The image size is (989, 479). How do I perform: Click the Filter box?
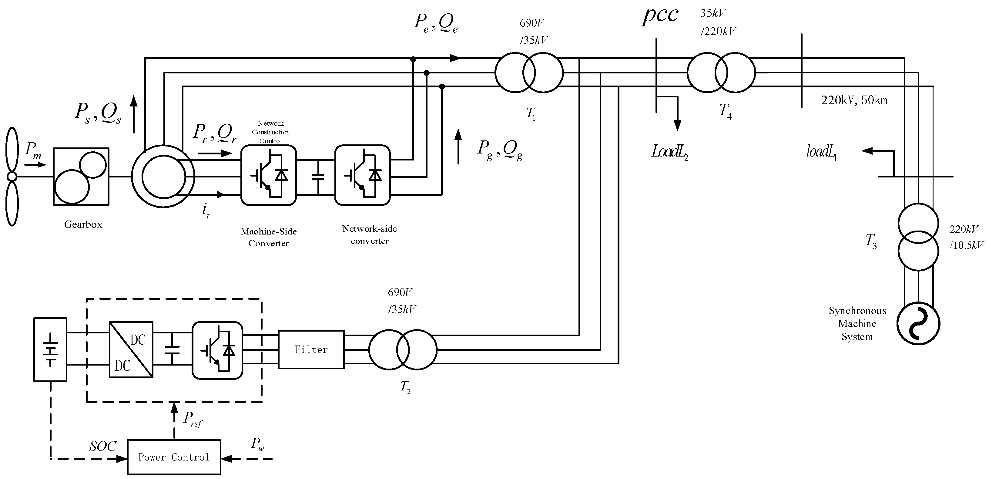point(311,349)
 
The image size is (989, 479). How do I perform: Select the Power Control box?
point(174,457)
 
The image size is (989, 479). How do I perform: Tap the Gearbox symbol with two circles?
point(81,177)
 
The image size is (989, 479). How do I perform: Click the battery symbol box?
point(50,349)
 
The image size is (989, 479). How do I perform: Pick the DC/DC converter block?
point(131,349)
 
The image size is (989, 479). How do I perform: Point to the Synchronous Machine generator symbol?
point(918,323)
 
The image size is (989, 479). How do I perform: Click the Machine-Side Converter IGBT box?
point(268,175)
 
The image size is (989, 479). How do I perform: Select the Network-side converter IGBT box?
point(362,175)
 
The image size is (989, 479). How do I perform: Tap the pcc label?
point(660,16)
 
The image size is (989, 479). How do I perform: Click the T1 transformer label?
point(531,114)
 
